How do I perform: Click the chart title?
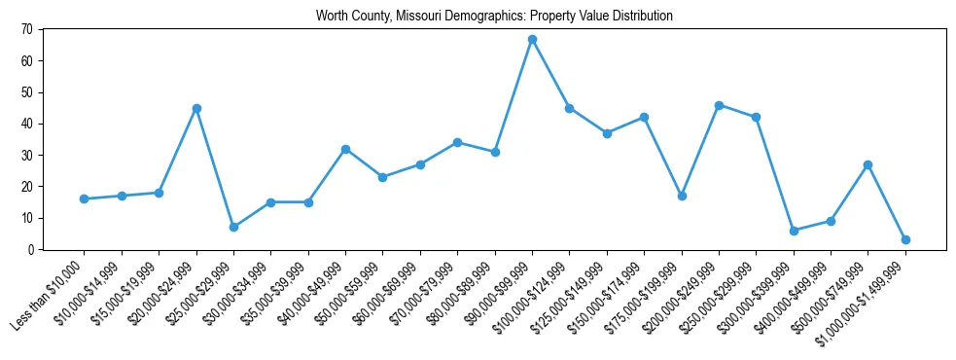(494, 17)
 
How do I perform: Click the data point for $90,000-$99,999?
(532, 40)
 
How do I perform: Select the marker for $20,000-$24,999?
(196, 108)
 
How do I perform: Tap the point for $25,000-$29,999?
(233, 227)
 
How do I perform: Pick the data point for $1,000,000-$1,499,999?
(905, 239)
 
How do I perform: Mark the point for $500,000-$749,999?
(867, 164)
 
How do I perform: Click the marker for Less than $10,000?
(85, 198)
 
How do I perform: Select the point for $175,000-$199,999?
(682, 196)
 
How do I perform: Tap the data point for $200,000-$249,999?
(719, 105)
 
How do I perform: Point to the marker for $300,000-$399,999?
(794, 231)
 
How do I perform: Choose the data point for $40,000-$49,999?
(345, 149)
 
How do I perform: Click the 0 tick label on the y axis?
(31, 249)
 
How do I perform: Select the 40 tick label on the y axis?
(28, 124)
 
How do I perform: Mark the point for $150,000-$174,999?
(644, 118)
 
